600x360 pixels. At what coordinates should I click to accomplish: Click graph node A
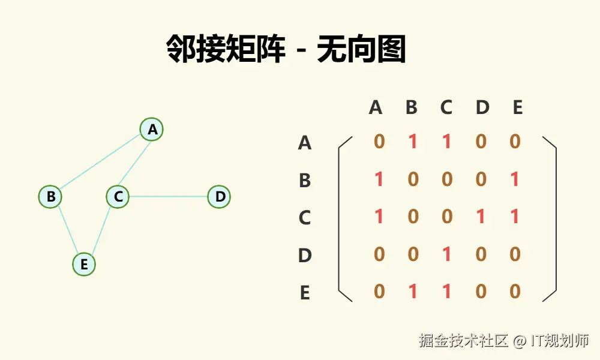tap(152, 129)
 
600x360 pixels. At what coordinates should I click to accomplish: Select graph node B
tap(50, 196)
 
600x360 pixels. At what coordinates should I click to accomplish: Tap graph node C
tap(118, 196)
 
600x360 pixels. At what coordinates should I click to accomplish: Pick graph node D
tap(219, 196)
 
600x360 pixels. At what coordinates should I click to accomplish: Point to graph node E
tap(84, 264)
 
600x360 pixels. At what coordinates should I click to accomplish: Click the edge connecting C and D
tap(168, 196)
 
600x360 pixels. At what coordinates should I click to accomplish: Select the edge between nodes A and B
tap(101, 163)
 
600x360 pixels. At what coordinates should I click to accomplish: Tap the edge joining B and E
tap(67, 230)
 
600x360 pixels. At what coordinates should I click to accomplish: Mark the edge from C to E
tap(101, 230)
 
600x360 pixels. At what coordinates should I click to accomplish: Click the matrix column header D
tap(482, 107)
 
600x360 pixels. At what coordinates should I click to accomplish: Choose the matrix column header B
tap(412, 107)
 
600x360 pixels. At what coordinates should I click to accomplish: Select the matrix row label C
tap(305, 218)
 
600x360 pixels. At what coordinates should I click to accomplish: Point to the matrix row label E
tap(305, 293)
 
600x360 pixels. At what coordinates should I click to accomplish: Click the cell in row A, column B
tap(413, 142)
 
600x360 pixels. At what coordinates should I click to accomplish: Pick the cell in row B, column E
tap(515, 179)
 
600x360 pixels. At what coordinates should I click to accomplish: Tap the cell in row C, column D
tap(481, 217)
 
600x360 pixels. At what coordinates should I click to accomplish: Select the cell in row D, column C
tap(446, 254)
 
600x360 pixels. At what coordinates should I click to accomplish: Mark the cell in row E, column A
tap(379, 292)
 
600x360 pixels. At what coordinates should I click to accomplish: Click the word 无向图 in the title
tap(361, 50)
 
